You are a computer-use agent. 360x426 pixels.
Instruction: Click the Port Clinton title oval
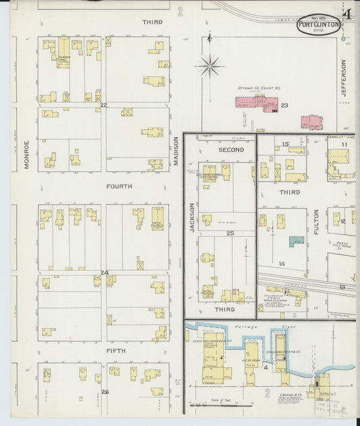coord(318,26)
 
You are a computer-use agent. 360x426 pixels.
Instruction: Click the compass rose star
coord(210,66)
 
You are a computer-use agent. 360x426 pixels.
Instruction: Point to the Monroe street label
coord(27,154)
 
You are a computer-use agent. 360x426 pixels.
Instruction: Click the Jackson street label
coord(192,218)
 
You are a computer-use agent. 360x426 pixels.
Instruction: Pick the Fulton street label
coord(315,221)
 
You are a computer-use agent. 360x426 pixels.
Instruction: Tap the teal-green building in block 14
coord(296,241)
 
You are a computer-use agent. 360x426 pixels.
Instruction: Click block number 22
coord(103,105)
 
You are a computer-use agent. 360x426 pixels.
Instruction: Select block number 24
coord(104,273)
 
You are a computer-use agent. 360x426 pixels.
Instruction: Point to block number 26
coord(104,392)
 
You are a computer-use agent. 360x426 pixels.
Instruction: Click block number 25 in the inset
coord(230,233)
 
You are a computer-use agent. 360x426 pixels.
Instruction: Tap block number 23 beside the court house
coord(284,105)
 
